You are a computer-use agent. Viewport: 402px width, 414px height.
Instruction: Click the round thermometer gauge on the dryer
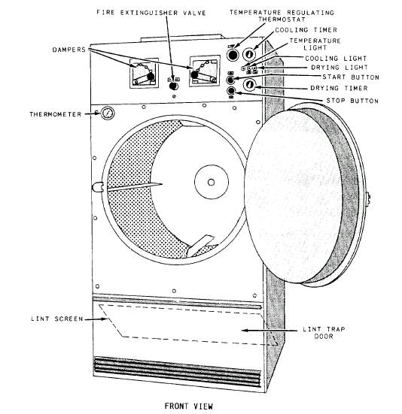click(x=108, y=114)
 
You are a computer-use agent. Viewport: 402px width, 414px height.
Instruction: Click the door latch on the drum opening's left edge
click(x=98, y=186)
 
